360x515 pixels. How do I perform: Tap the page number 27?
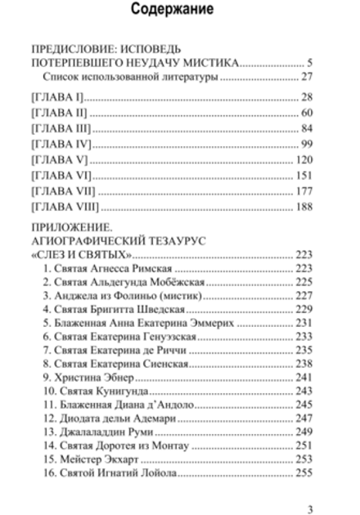[308, 78]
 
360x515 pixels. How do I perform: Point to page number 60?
[308, 113]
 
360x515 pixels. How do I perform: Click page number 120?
[304, 159]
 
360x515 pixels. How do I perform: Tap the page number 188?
[304, 206]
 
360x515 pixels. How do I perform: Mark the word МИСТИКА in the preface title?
[205, 62]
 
